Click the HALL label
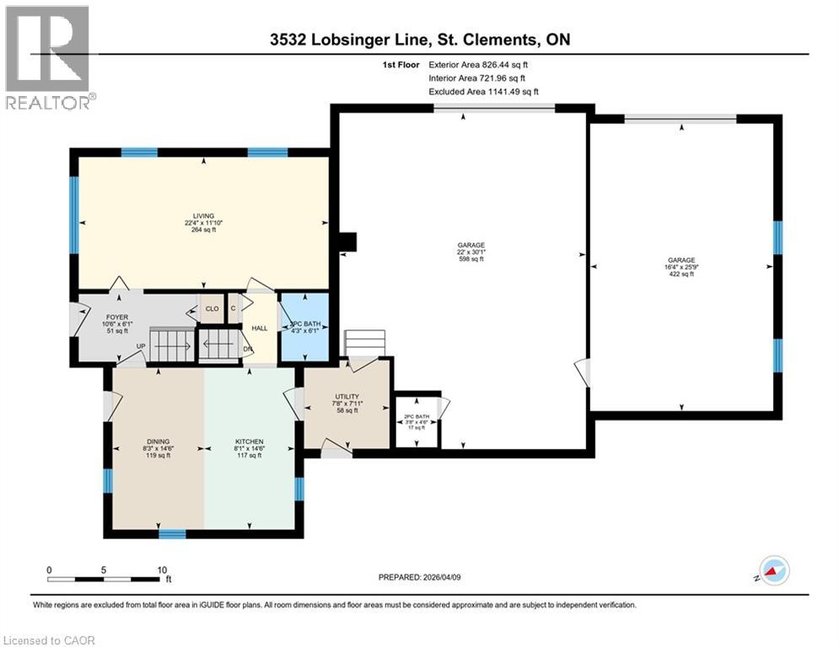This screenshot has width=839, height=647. [x=260, y=328]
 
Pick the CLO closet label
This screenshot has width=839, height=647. [x=212, y=309]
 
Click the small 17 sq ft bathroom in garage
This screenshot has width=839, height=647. [x=417, y=421]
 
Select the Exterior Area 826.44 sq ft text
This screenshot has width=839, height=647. [x=482, y=64]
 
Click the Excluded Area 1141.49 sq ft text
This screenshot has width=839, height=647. [x=483, y=92]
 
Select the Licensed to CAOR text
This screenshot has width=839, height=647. [x=51, y=640]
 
